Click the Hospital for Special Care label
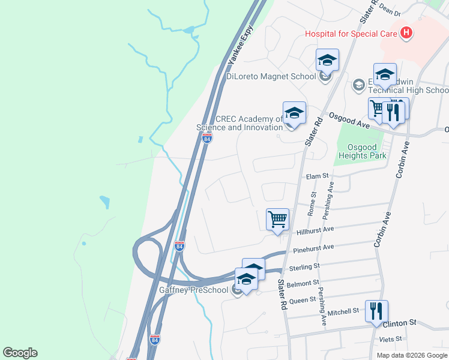tap(351, 34)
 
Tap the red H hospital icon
tap(406, 33)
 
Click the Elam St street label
tap(318, 176)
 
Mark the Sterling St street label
tap(304, 265)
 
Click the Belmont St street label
tap(303, 283)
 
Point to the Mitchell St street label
tap(343, 312)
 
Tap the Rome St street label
tap(312, 204)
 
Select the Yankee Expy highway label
tap(240, 45)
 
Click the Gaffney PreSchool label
tap(194, 290)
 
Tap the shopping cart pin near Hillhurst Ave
tap(277, 220)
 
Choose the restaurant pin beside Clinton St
tap(376, 311)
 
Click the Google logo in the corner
tap(20, 353)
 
